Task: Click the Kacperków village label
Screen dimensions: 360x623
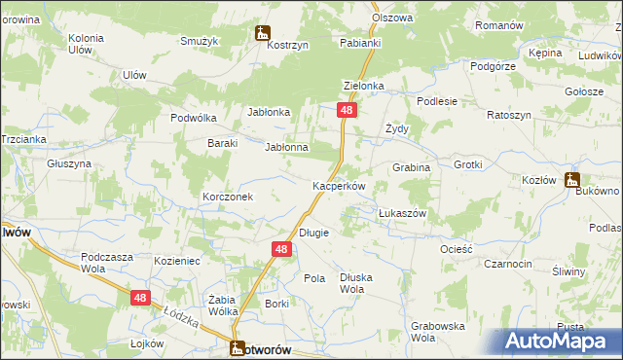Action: point(338,186)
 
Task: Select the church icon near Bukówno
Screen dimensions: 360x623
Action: point(571,179)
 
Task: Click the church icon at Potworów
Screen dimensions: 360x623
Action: point(238,346)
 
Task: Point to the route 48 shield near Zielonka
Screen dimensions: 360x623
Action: point(347,112)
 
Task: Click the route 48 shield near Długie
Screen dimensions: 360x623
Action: point(280,250)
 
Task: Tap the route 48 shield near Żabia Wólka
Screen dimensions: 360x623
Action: point(140,299)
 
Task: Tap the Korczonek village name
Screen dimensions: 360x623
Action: point(228,197)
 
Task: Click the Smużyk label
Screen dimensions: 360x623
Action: point(199,41)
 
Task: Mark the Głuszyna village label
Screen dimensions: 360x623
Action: point(69,163)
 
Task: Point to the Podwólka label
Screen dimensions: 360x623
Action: point(192,118)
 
